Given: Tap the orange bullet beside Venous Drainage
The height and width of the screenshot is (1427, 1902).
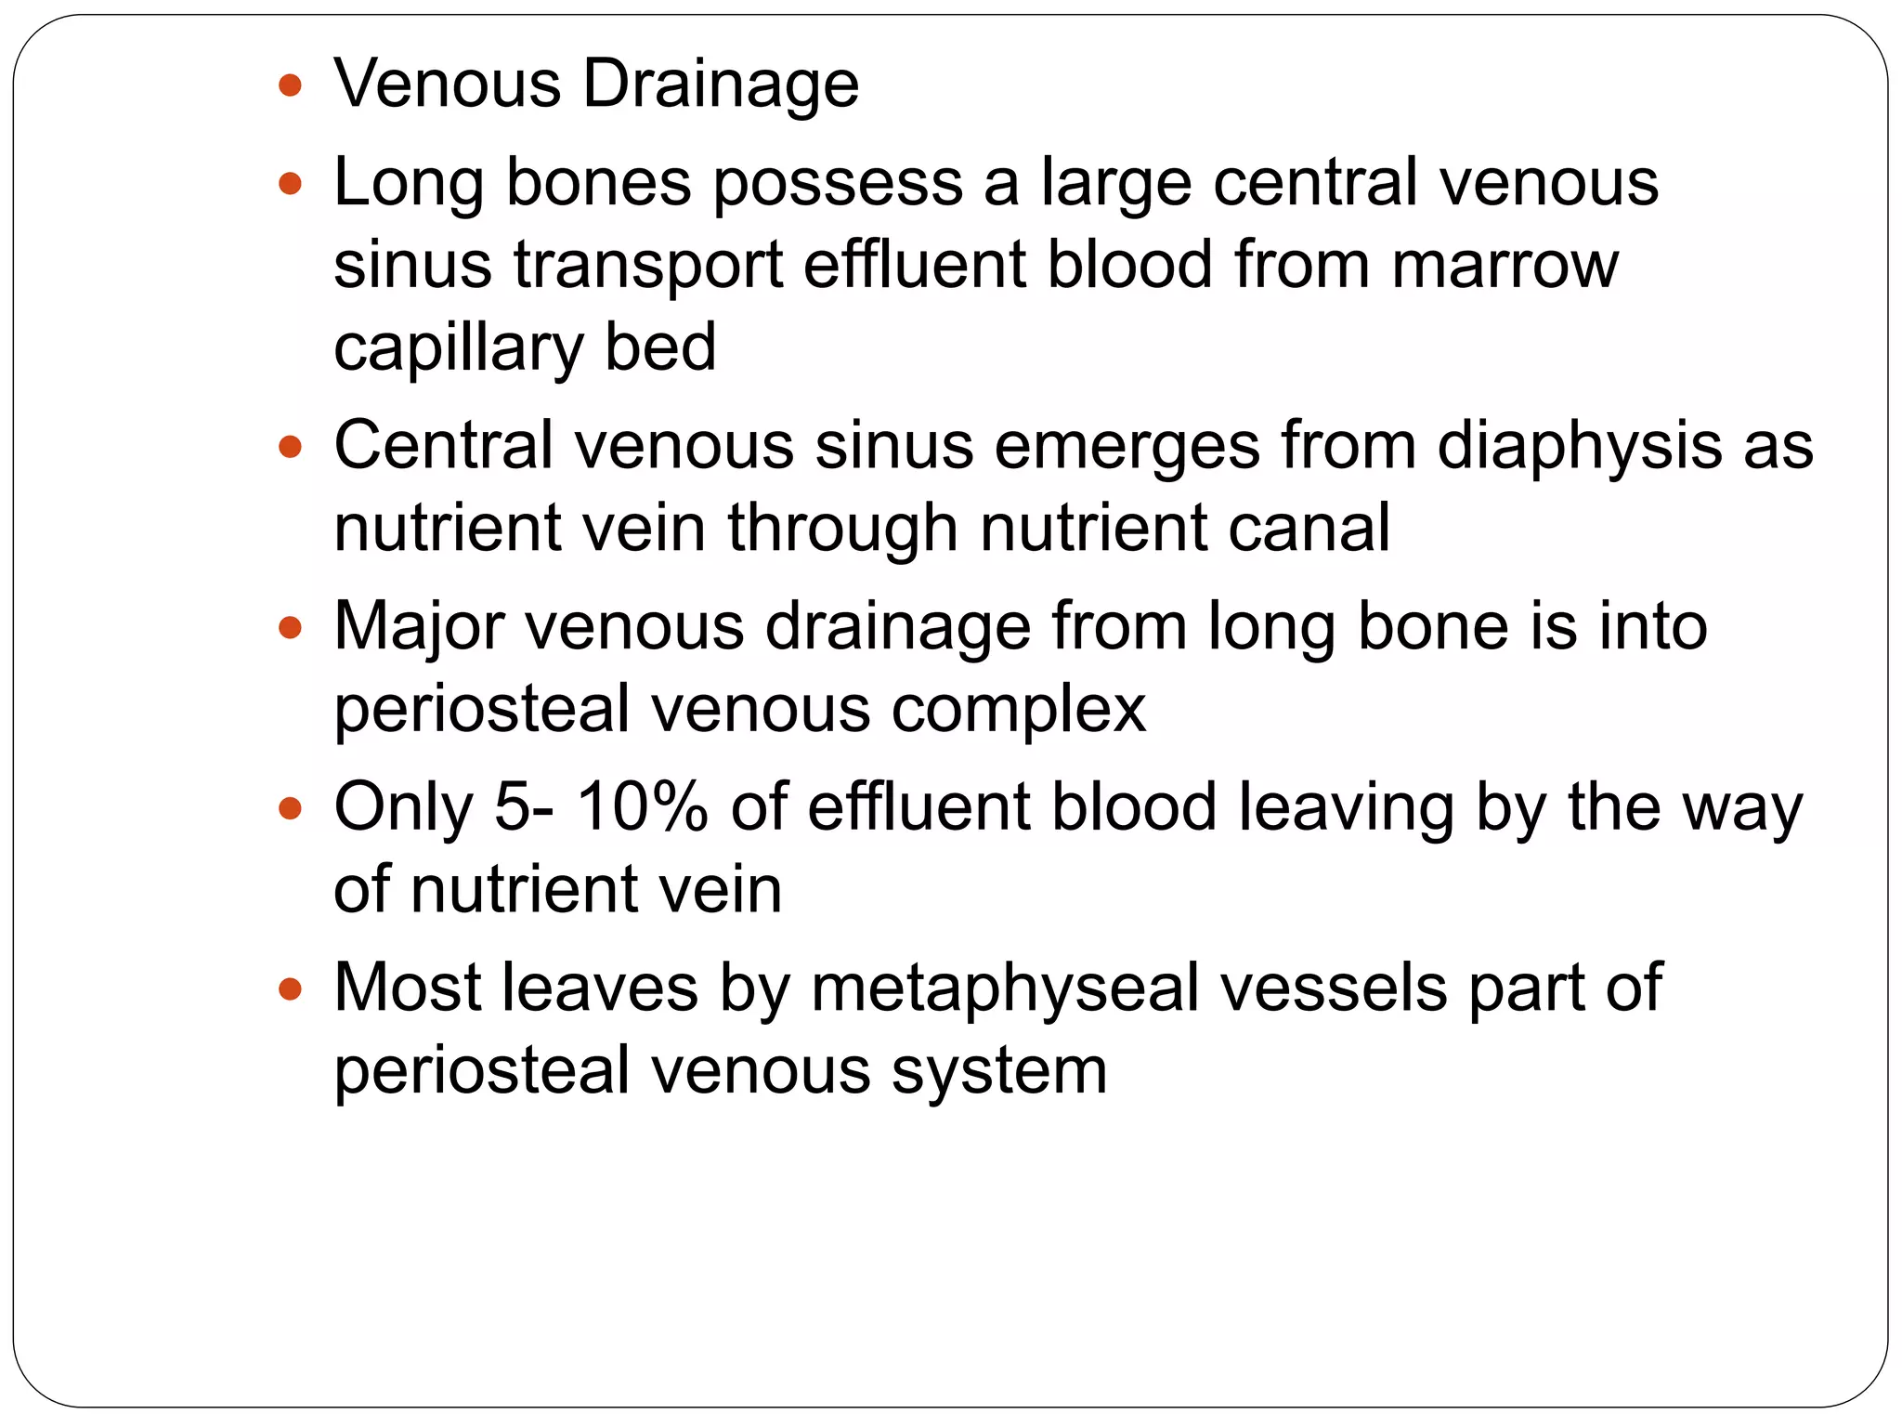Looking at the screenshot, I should pyautogui.click(x=291, y=86).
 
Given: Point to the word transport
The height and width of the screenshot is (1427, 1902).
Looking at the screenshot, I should pyautogui.click(x=648, y=266).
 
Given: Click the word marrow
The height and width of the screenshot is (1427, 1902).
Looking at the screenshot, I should pyautogui.click(x=1505, y=266).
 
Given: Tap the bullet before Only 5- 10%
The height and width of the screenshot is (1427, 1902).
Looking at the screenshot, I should pyautogui.click(x=291, y=808).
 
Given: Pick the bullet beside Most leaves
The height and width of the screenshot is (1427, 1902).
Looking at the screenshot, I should pyautogui.click(x=291, y=988).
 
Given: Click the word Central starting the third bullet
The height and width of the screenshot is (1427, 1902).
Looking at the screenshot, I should pyautogui.click(x=444, y=446).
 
